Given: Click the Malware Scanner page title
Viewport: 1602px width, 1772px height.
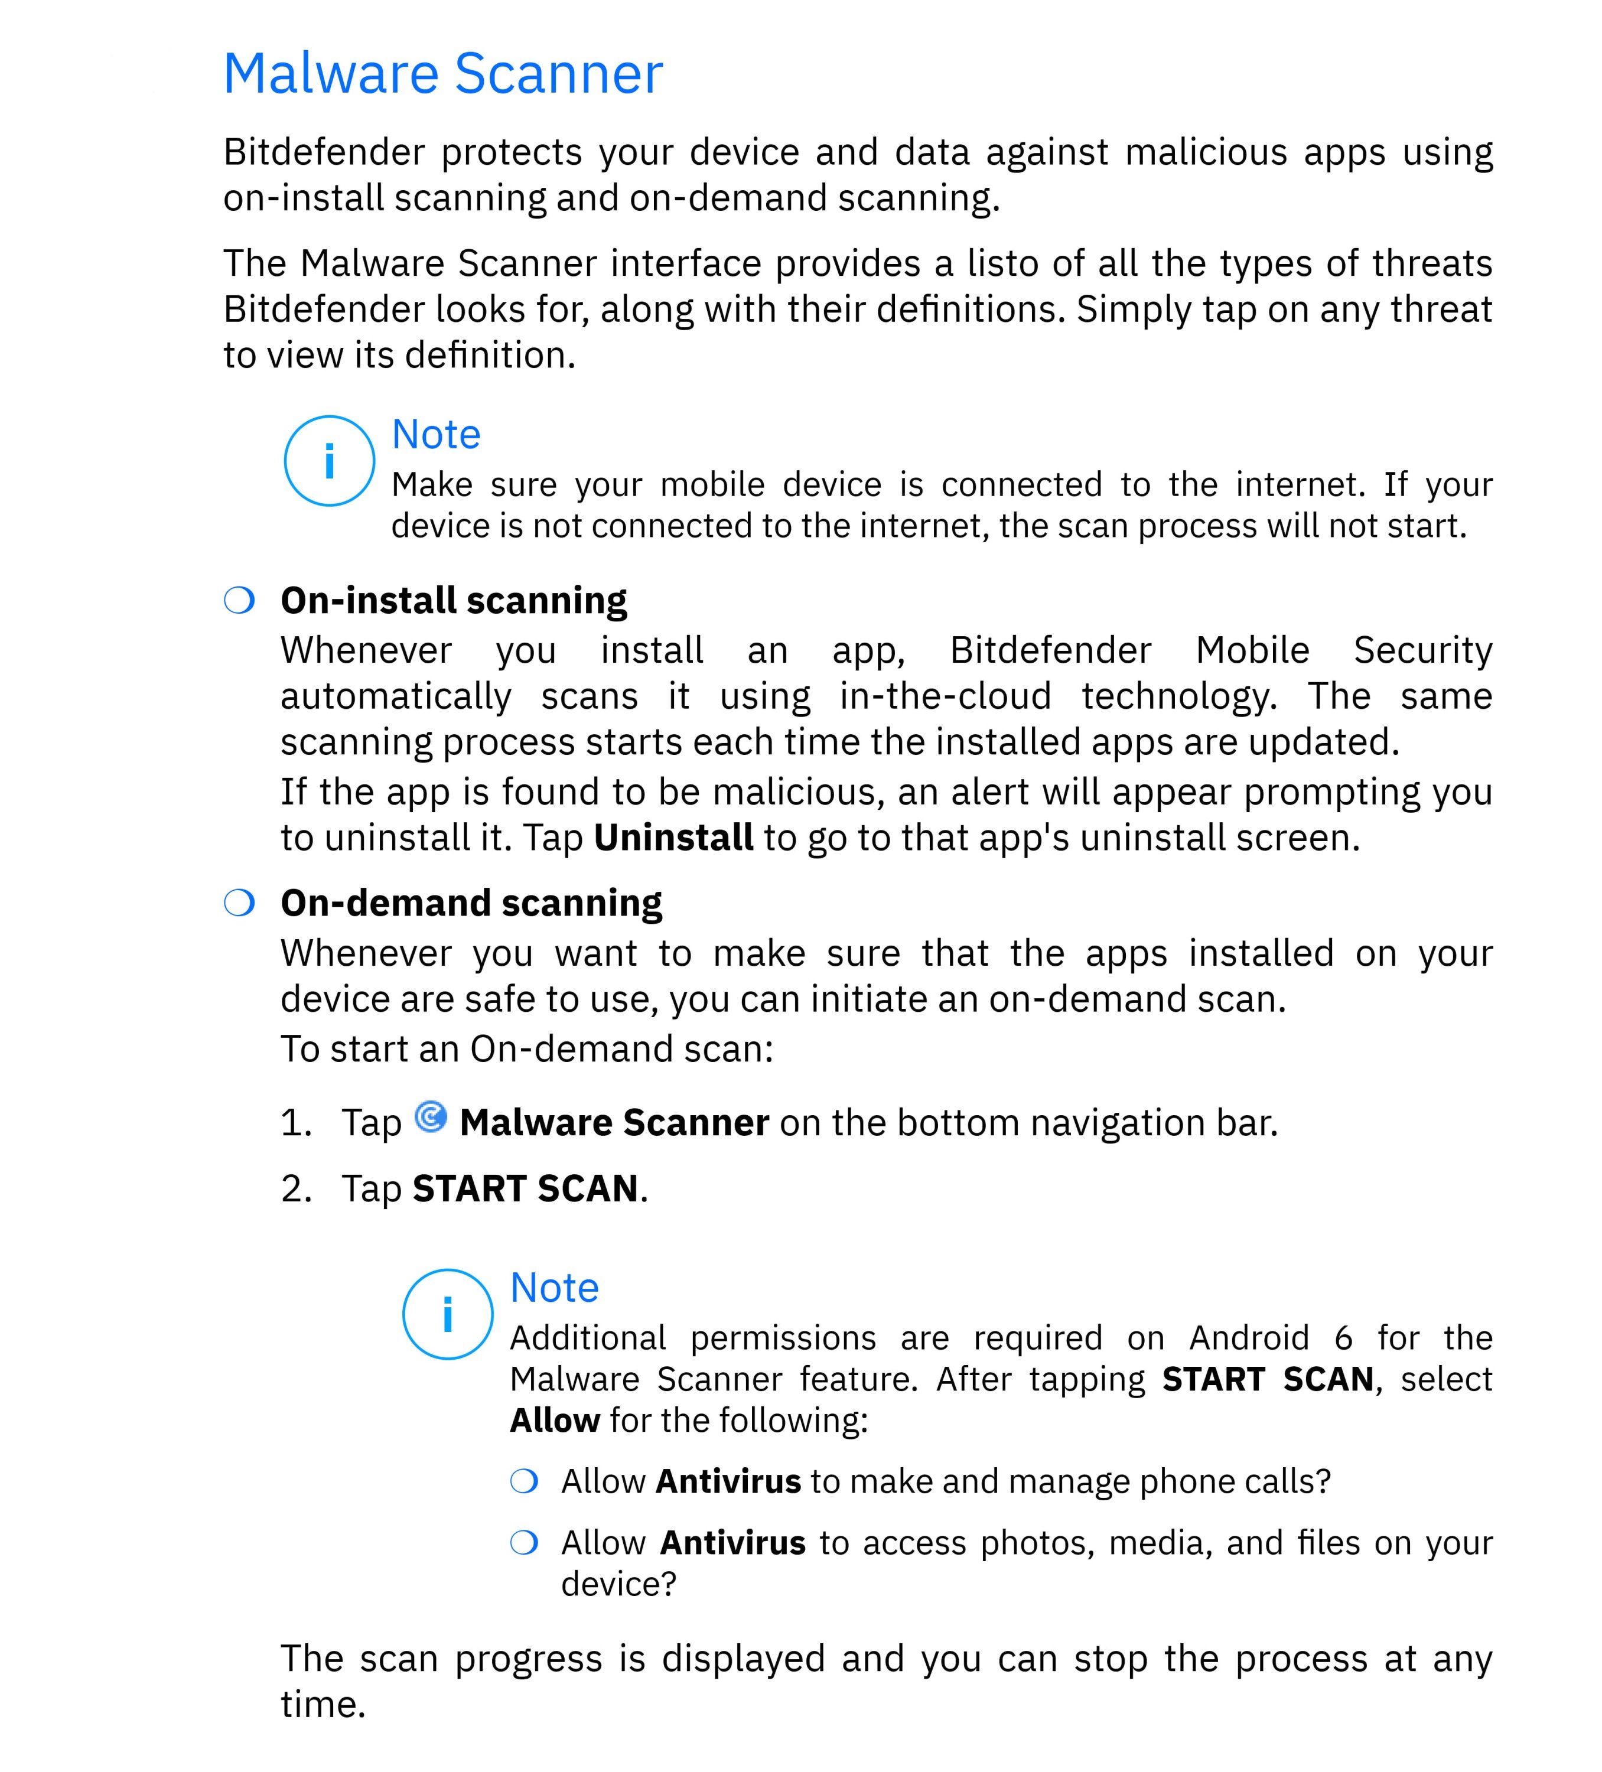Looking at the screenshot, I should tap(442, 74).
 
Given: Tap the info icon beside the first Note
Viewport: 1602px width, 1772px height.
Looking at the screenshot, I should tap(329, 461).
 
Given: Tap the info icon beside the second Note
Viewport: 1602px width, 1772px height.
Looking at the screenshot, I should tap(448, 1314).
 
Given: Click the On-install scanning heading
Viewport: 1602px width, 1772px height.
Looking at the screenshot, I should tap(454, 600).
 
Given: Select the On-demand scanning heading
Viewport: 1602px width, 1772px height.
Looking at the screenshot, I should tap(471, 903).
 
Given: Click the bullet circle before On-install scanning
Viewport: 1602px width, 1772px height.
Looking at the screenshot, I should tap(239, 600).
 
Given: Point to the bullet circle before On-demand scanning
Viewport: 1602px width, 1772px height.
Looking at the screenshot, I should tap(239, 903).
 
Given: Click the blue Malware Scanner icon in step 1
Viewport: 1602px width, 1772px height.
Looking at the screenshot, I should tap(431, 1116).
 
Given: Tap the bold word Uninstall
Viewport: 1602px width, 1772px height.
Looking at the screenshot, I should tap(673, 838).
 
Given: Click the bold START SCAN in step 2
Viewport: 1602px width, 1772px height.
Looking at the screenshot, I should tap(526, 1188).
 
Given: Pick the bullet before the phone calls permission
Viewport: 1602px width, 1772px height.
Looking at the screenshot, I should tap(524, 1481).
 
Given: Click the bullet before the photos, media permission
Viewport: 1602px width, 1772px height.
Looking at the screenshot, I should tap(524, 1543).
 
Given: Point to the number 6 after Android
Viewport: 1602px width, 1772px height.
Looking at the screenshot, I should tap(1343, 1338).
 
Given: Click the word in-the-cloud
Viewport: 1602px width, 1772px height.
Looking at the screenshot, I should tap(945, 696).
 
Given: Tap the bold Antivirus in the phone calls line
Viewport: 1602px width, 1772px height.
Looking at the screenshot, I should tap(728, 1481).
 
